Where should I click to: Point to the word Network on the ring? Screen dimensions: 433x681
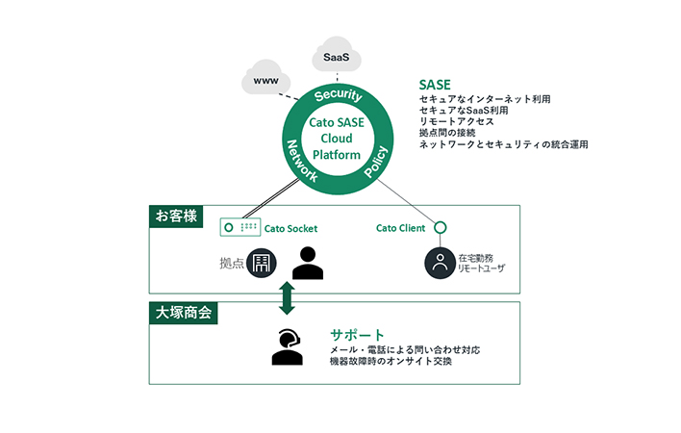(301, 159)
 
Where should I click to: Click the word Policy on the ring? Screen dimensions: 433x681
(376, 160)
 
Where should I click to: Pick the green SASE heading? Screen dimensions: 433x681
(435, 84)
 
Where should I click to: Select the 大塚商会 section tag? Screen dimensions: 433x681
(184, 314)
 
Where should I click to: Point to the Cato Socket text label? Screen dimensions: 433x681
(290, 229)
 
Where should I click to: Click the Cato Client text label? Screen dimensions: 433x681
(400, 229)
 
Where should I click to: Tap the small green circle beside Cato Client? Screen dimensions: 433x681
(440, 228)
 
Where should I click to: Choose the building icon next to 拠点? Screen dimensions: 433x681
(262, 264)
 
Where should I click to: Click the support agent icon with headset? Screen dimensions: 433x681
(287, 347)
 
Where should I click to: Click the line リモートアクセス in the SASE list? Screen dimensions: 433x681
(456, 122)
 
